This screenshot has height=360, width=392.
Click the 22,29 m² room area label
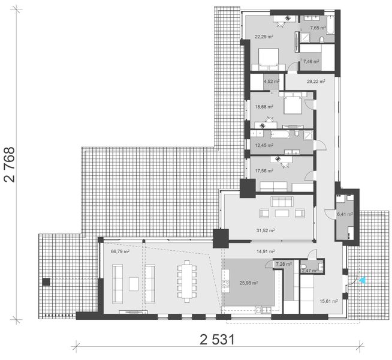coord(264,37)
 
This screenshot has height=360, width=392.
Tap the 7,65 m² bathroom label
coord(318,28)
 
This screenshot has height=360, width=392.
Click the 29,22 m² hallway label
coord(315,81)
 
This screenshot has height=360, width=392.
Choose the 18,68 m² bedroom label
coord(264,106)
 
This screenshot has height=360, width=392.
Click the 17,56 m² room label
coord(264,170)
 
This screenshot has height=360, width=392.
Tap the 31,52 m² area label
coord(266,230)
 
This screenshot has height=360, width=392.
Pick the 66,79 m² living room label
coord(120,252)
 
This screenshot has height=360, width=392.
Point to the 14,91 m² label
coord(266,251)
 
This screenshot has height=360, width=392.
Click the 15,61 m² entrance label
coord(329,301)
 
